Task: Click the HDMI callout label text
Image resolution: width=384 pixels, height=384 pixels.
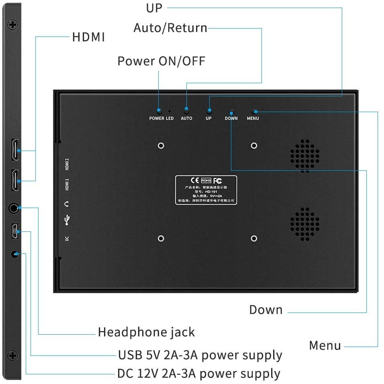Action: tap(88, 37)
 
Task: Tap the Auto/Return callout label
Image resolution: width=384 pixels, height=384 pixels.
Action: tap(170, 28)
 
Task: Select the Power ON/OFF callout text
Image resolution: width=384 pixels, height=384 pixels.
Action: tap(161, 61)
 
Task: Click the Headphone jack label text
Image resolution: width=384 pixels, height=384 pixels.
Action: tap(146, 332)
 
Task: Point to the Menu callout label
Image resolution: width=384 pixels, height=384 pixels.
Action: tap(325, 345)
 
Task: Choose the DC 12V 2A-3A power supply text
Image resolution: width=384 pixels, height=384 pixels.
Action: tap(199, 374)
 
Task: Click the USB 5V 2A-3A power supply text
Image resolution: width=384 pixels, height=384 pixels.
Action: tap(200, 355)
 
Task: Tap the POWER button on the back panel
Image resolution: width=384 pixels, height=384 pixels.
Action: tap(159, 110)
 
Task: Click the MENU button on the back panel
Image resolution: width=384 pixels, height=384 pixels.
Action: tap(254, 111)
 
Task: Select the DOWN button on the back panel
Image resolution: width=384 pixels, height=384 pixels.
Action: tap(231, 111)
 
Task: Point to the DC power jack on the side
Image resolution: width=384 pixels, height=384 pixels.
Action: tap(15, 254)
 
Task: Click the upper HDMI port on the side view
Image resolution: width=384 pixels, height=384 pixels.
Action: tap(15, 150)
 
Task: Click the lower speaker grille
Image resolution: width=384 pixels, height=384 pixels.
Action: tap(305, 224)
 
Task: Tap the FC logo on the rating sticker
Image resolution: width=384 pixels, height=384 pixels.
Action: tap(218, 181)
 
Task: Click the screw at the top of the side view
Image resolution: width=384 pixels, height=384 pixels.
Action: tap(13, 25)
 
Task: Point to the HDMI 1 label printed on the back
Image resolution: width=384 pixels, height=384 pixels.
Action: tap(67, 185)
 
